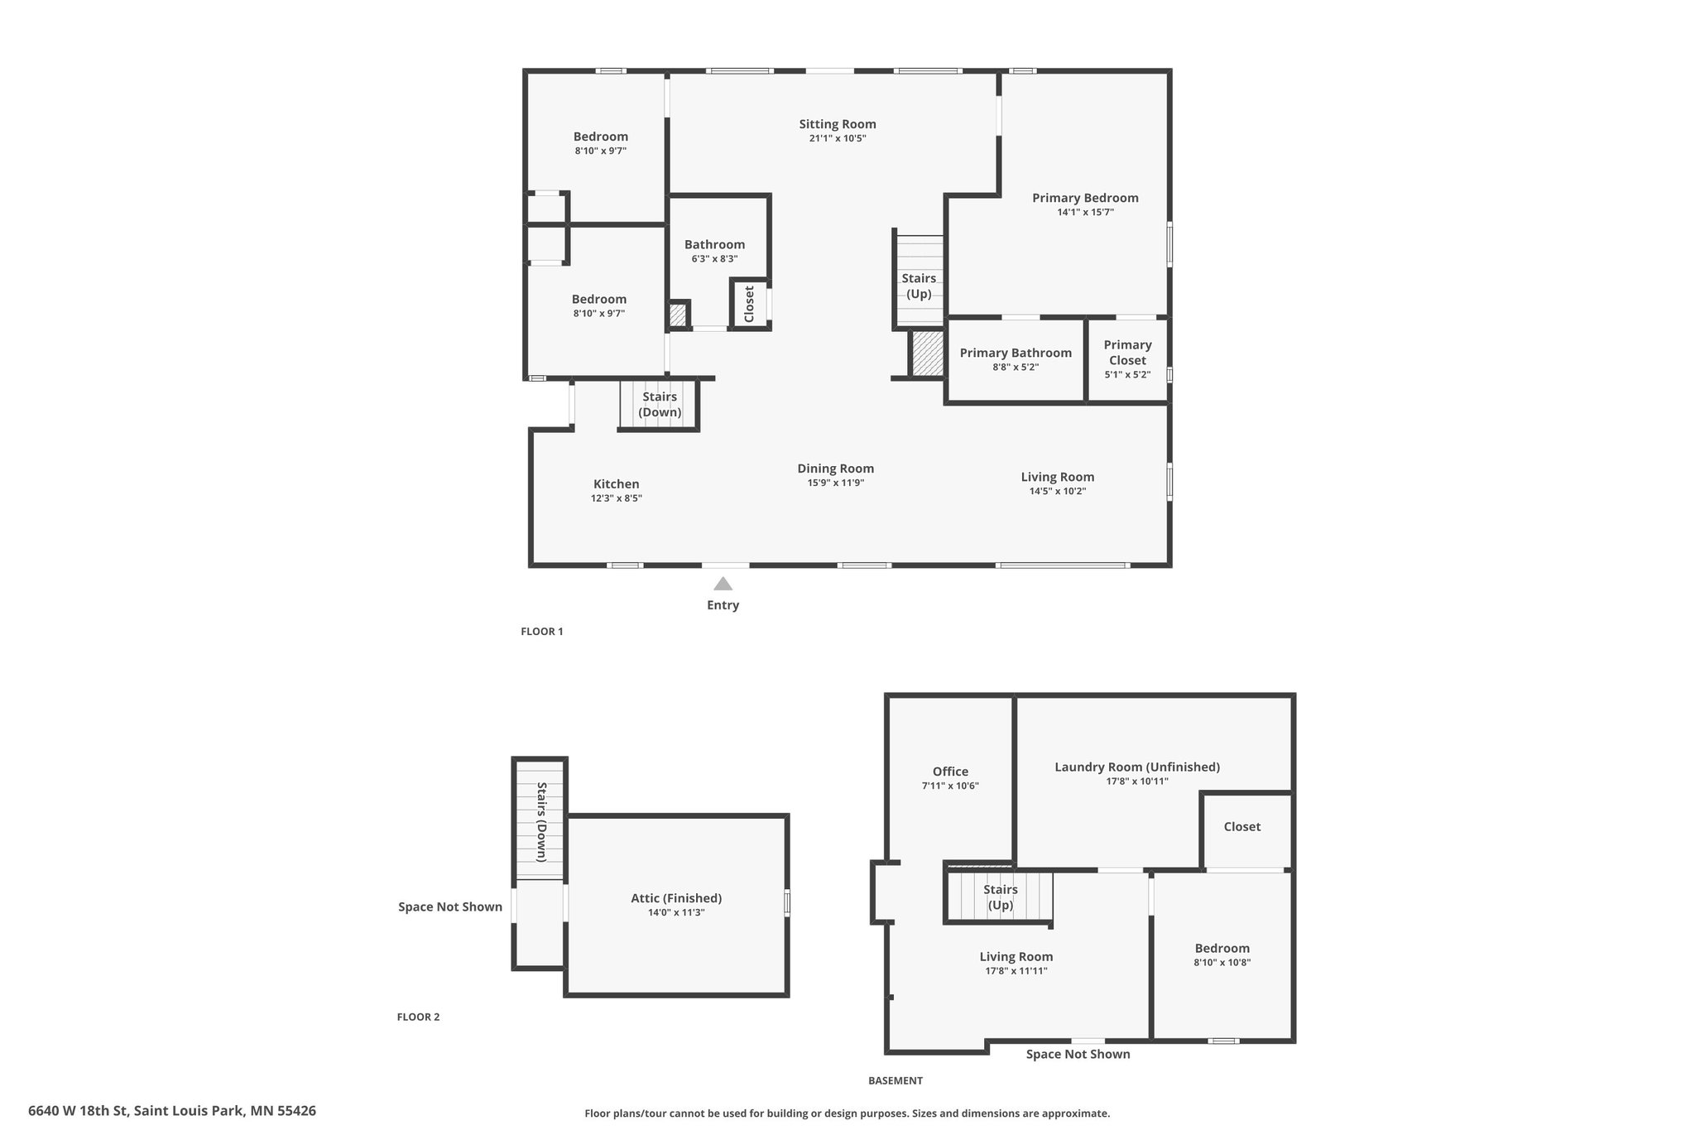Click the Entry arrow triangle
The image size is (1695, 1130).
pyautogui.click(x=723, y=584)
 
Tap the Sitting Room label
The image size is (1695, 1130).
pyautogui.click(x=838, y=124)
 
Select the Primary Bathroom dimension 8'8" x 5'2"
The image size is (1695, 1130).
pyautogui.click(x=1016, y=367)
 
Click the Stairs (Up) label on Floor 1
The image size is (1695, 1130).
pyautogui.click(x=919, y=286)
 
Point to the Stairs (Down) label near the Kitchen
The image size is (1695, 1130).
pyautogui.click(x=660, y=405)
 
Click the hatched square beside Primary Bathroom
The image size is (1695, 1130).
pyautogui.click(x=927, y=353)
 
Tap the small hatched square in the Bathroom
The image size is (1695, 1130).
pyautogui.click(x=678, y=315)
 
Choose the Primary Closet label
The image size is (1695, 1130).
pyautogui.click(x=1127, y=353)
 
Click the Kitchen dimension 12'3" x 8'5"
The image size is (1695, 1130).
pyautogui.click(x=617, y=498)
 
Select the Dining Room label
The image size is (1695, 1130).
pyautogui.click(x=836, y=469)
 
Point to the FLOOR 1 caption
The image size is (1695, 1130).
pyautogui.click(x=542, y=632)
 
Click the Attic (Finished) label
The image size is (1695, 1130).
pyautogui.click(x=676, y=898)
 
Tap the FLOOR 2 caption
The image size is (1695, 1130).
pyautogui.click(x=418, y=1017)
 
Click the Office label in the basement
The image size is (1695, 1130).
pyautogui.click(x=950, y=772)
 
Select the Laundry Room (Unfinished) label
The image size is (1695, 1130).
pyautogui.click(x=1137, y=767)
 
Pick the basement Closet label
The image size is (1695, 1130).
pyautogui.click(x=1242, y=827)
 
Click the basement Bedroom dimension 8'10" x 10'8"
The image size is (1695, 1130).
pyautogui.click(x=1222, y=963)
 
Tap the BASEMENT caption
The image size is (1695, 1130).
pyautogui.click(x=896, y=1080)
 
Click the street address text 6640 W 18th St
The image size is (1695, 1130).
pyautogui.click(x=78, y=1111)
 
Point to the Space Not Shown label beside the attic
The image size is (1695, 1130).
pyautogui.click(x=450, y=906)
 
